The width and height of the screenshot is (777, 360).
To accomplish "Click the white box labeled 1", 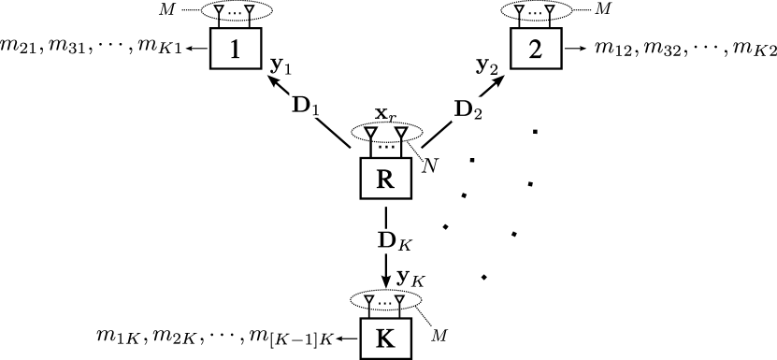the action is click(236, 49).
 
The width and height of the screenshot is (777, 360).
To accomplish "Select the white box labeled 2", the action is click(536, 49).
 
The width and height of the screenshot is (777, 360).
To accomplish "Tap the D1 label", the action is click(306, 106).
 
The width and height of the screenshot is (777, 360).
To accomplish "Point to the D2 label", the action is click(468, 110).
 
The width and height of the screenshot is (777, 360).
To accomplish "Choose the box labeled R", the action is click(386, 179).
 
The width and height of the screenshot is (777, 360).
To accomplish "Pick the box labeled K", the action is click(386, 338).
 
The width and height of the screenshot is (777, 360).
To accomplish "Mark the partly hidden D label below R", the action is click(386, 241).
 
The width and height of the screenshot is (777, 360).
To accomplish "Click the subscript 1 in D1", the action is click(316, 110).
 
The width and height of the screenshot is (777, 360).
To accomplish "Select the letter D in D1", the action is click(300, 105).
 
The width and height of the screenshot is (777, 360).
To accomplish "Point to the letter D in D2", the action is click(463, 109).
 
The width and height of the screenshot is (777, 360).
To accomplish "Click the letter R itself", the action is click(385, 179).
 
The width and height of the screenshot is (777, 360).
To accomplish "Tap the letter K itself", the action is click(385, 338).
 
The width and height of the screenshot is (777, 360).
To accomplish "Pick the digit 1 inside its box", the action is click(236, 49).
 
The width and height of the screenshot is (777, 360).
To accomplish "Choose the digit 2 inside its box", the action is click(536, 49).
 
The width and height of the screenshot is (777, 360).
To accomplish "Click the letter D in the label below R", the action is click(384, 240).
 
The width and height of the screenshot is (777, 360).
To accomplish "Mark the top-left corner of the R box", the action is click(363, 161).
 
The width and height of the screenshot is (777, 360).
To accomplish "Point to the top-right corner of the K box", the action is click(410, 321).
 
